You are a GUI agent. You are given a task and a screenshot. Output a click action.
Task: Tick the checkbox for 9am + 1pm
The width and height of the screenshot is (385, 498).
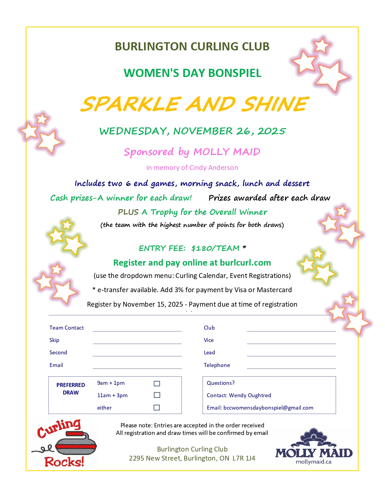tap(157, 384)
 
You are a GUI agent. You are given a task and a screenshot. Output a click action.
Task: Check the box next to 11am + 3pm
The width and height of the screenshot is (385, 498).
tap(157, 395)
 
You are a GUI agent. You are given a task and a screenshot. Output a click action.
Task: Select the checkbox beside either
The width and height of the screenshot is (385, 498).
tap(157, 407)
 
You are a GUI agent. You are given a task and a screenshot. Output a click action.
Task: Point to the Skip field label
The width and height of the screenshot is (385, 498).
tap(54, 340)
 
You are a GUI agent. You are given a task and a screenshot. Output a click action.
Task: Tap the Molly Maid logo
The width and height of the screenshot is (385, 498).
tap(314, 447)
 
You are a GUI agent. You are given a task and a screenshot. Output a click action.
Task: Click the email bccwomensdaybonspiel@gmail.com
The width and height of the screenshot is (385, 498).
tap(268, 408)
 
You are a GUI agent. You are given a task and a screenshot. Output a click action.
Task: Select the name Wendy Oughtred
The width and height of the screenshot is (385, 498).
tap(250, 395)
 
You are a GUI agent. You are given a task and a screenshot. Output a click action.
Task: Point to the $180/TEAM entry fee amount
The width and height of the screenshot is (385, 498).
tap(215, 248)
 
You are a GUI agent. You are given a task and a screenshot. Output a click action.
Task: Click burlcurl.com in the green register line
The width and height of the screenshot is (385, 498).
tap(245, 263)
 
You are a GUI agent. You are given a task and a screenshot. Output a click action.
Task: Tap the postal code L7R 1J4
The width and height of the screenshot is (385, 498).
tap(244, 458)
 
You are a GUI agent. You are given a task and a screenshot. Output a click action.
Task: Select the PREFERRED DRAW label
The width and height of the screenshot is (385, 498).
tap(71, 389)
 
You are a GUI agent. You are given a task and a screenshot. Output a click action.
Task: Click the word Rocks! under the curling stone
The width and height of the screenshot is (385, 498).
tap(64, 462)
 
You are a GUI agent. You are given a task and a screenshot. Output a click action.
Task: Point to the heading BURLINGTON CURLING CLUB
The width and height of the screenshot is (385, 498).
tap(192, 46)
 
